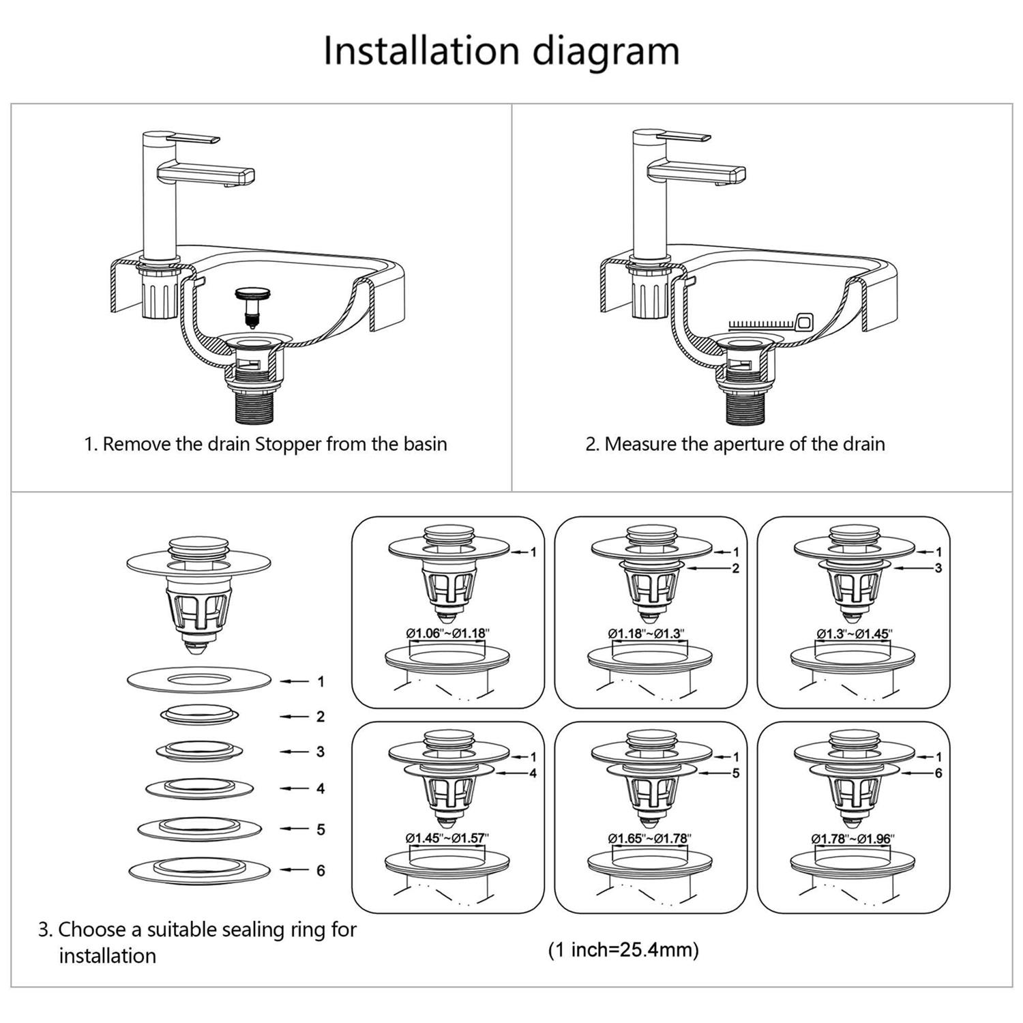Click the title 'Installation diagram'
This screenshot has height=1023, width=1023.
[x=501, y=51]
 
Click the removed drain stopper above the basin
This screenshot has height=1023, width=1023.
[x=253, y=304]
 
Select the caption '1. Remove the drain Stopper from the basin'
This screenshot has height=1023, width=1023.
[x=265, y=444]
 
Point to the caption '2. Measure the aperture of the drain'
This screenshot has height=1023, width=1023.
[x=735, y=444]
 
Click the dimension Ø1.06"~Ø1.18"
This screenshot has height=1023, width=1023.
[x=448, y=633]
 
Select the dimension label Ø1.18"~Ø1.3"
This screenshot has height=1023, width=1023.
[x=646, y=633]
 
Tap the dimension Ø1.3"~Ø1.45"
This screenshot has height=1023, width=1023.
[x=854, y=633]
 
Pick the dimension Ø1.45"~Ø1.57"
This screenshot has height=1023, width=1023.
[x=447, y=837]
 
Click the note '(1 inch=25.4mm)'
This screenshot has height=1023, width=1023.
[x=623, y=949]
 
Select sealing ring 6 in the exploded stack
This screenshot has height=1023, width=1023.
[x=200, y=870]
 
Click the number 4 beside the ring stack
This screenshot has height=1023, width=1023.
[x=321, y=788]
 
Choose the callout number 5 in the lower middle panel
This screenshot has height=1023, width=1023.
[x=735, y=773]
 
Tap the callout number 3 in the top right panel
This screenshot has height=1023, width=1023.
[x=938, y=568]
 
